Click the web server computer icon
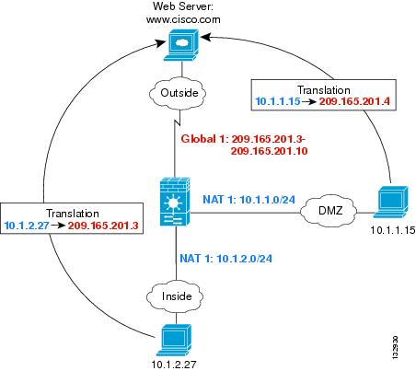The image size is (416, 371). tap(181, 45)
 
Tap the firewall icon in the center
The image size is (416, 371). tap(175, 202)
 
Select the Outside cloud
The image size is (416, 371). tap(178, 93)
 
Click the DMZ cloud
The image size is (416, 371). tap(329, 211)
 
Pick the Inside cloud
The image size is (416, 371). tap(175, 296)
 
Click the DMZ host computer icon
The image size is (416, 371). tap(391, 202)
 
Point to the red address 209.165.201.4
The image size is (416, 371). tap(354, 101)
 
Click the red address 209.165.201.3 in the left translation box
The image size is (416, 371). tap(103, 226)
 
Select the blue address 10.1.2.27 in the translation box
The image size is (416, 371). tap(27, 226)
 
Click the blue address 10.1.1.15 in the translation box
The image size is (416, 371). tap(278, 101)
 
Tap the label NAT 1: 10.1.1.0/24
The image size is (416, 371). tap(248, 200)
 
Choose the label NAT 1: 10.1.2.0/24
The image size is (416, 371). tap(225, 259)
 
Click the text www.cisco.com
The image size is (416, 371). tap(183, 19)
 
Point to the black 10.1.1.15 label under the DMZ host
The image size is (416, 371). tap(393, 230)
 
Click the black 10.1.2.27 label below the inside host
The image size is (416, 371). tap(174, 365)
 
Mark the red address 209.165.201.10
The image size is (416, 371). tap(269, 151)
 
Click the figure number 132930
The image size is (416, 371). tap(396, 347)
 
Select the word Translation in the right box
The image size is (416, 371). tap(324, 90)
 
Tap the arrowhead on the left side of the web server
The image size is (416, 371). tap(160, 43)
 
